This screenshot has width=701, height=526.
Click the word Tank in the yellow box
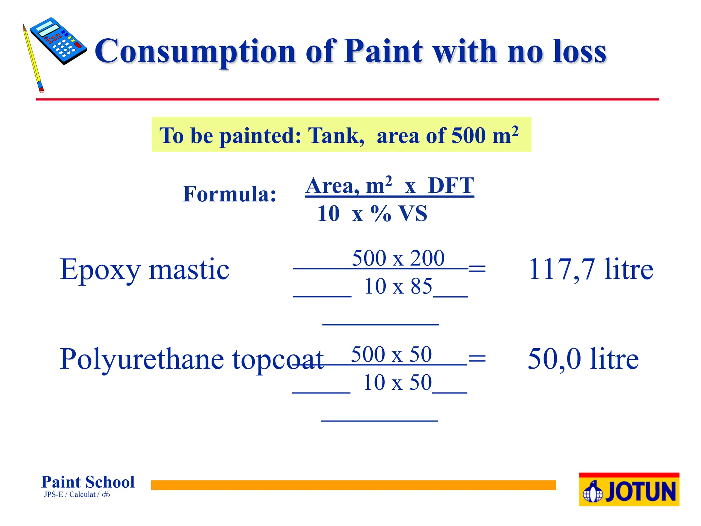point(336,135)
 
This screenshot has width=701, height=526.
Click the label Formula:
point(229,194)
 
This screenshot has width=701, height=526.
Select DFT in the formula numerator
point(451,186)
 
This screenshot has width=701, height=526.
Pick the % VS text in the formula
point(399,214)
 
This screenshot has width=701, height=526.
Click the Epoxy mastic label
point(144,270)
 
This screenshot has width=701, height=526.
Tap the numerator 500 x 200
point(398,258)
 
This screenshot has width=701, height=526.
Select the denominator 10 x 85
point(398,286)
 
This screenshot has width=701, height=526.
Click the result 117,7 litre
point(590,270)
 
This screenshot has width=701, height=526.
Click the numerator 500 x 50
point(391,354)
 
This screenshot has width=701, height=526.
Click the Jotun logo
point(629,490)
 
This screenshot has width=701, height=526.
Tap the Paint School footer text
point(88,482)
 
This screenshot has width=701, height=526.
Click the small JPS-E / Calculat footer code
point(77,494)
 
